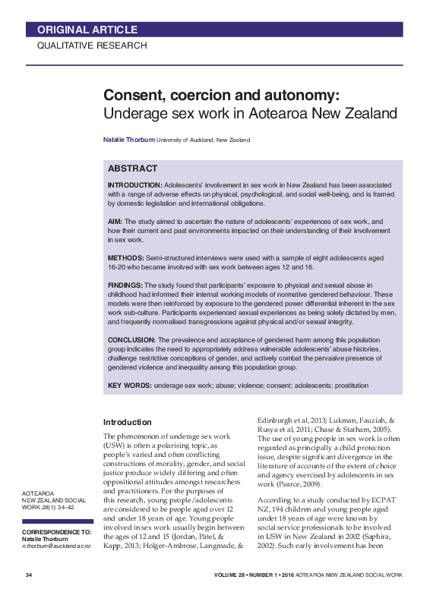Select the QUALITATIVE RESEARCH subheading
coord(92,46)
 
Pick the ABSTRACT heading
coord(133,168)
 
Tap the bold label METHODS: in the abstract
coord(126,258)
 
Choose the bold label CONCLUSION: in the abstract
coord(131,339)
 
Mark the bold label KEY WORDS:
coord(129,386)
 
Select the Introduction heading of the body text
coord(127,422)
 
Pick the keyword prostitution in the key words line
coord(347,386)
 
